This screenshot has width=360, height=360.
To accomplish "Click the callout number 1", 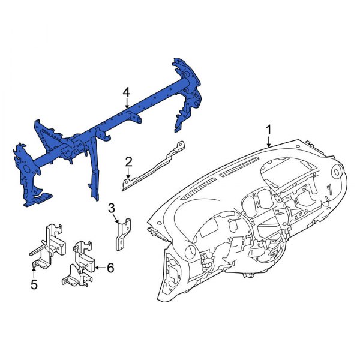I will [x=269, y=130].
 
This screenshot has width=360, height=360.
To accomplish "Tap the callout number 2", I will [x=128, y=161].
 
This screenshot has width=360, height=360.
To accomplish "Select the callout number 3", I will [x=112, y=208].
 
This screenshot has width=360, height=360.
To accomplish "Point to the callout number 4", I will [x=126, y=92].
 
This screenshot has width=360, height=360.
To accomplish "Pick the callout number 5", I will [x=34, y=284].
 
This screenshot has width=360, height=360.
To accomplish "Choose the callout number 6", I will [x=110, y=268].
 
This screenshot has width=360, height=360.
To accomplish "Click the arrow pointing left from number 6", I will [x=99, y=268].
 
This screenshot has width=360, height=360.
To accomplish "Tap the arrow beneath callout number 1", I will [x=269, y=142].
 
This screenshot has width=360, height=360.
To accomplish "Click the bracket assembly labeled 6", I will [x=79, y=264].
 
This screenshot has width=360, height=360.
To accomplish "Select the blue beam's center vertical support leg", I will [x=94, y=174].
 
